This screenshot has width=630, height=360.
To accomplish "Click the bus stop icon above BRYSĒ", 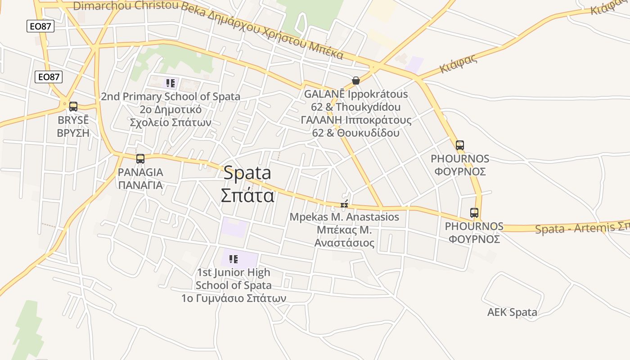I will (73, 107).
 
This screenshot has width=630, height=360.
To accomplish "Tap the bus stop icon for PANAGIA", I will (140, 158).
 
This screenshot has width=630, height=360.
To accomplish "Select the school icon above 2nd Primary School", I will (170, 83).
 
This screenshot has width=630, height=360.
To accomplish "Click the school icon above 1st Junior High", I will (233, 259).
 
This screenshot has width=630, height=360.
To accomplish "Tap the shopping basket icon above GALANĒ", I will (356, 81).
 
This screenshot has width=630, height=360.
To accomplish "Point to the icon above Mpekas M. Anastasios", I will (344, 205).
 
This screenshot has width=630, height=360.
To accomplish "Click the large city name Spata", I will (247, 173).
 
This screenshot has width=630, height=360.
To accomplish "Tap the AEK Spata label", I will (512, 312).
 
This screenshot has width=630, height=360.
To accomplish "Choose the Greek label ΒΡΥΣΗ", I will (73, 133).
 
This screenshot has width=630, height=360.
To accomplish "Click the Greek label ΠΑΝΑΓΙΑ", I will (140, 185).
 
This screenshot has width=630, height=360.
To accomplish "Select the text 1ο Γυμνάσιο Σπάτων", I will (234, 298).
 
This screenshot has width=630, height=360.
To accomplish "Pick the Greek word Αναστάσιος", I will (344, 243).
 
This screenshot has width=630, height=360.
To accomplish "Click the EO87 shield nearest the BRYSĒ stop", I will (49, 77).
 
